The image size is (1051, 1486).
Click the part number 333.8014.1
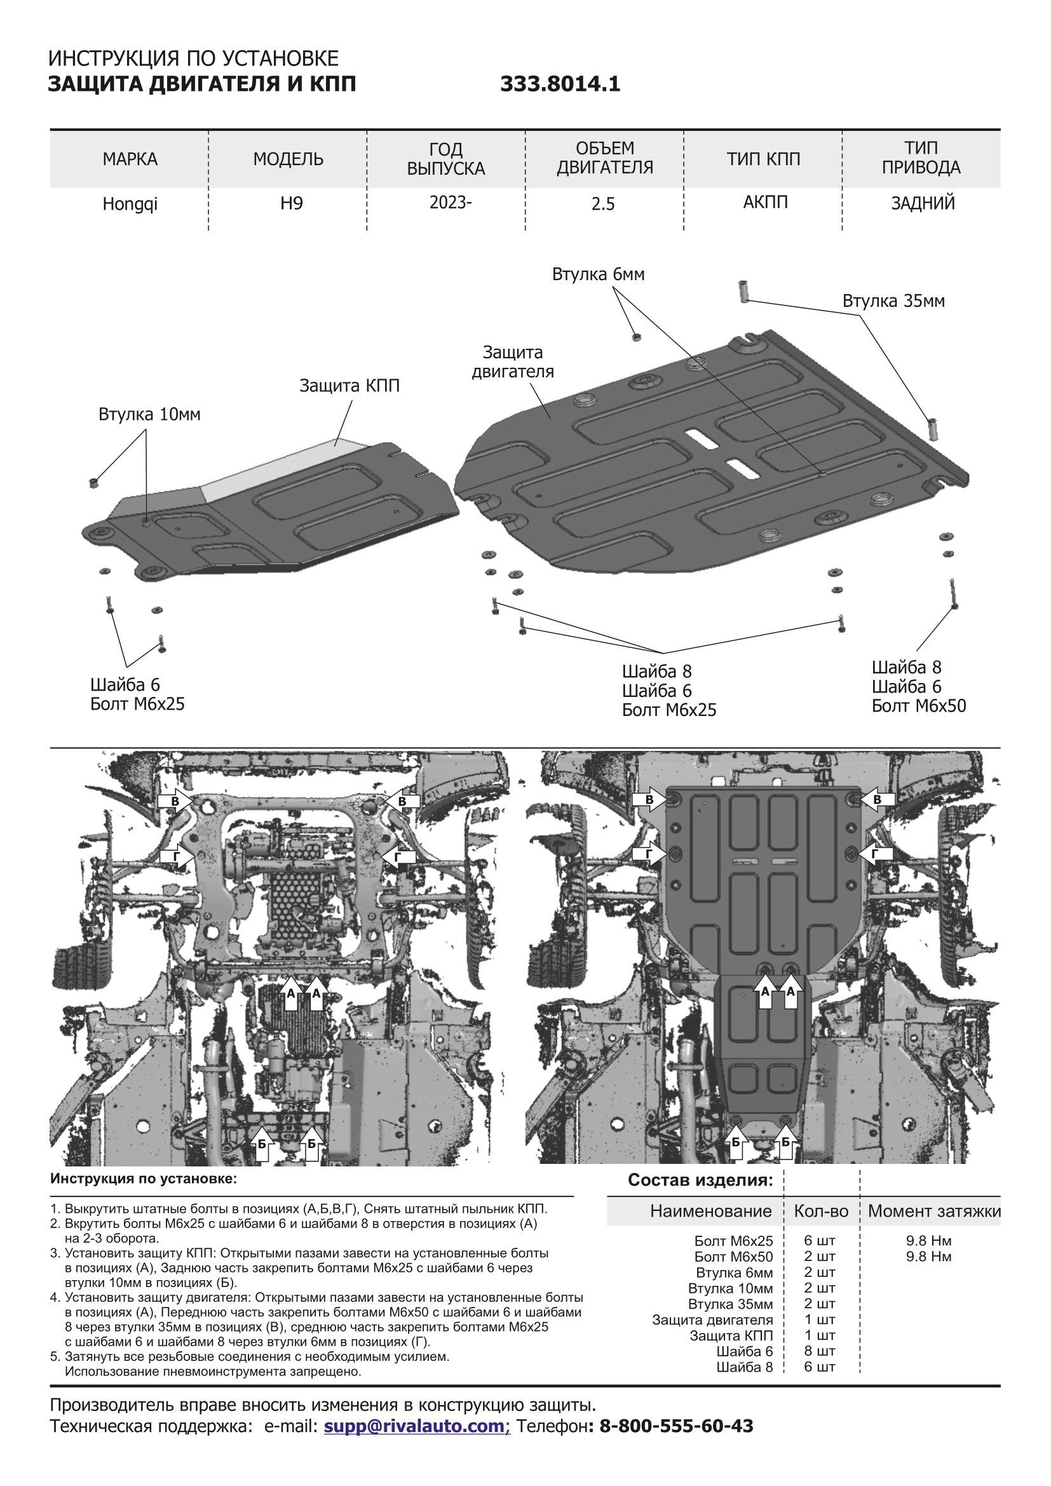point(560,84)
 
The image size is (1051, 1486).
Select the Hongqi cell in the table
point(130,205)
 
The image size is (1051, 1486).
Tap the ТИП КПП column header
point(763,159)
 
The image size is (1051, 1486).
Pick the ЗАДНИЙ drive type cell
point(922,203)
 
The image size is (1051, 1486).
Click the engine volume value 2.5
point(602,205)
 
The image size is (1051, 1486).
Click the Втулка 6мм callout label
point(598,274)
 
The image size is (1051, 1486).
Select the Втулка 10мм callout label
point(149,414)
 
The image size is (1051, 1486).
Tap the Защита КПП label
point(349,386)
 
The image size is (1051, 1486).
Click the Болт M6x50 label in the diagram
point(918,706)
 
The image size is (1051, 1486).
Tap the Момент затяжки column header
point(933,1211)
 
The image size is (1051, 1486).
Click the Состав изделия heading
point(700,1180)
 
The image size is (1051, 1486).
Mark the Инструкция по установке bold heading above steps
point(144,1179)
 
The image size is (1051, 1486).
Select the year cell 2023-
point(451,203)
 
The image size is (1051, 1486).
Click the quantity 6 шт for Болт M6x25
point(819,1241)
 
